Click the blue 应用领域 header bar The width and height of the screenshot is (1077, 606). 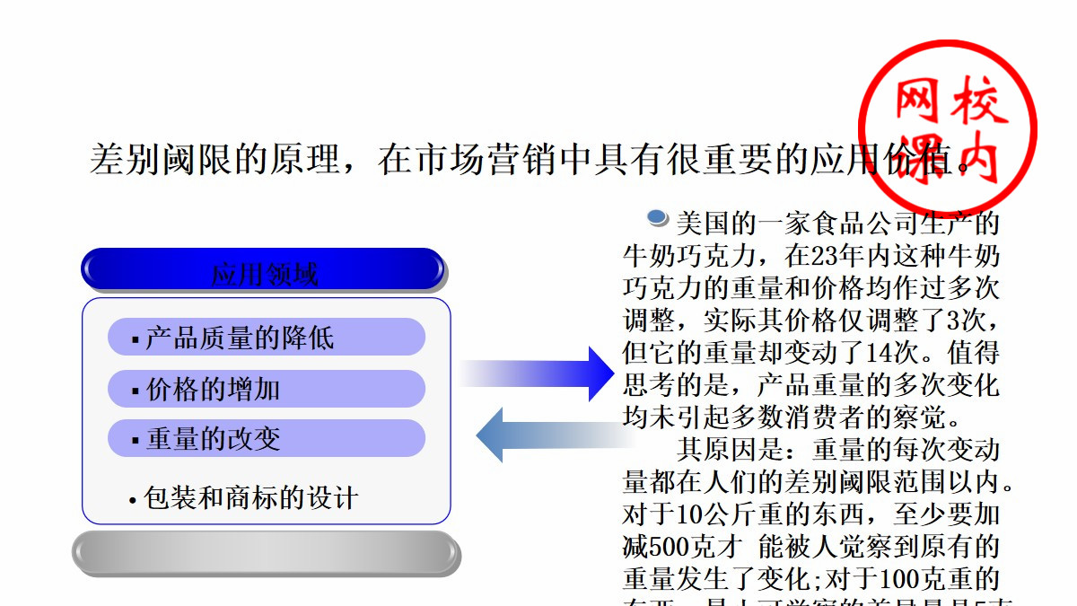(263, 270)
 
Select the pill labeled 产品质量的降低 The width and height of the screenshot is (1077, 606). (266, 338)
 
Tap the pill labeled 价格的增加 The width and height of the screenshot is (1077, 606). (266, 389)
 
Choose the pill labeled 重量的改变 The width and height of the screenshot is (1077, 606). (266, 438)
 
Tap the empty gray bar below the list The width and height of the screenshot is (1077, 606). (266, 552)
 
